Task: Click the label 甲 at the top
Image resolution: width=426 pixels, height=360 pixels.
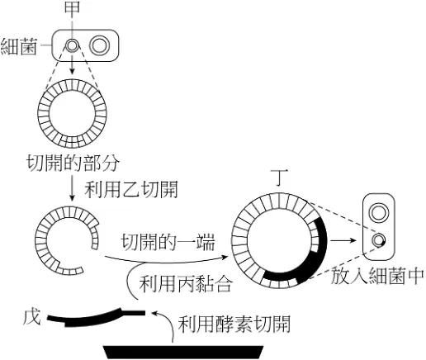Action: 72,7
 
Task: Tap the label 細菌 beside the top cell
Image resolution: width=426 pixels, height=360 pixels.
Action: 19,46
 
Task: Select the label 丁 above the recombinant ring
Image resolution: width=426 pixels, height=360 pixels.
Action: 279,178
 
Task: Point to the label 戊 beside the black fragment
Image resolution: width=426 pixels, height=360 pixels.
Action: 32,317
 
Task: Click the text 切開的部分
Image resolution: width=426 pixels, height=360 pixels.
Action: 73,163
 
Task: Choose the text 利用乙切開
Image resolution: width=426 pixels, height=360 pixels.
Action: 131,189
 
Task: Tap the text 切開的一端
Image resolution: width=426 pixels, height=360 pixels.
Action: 168,242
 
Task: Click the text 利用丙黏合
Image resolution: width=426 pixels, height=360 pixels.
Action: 186,283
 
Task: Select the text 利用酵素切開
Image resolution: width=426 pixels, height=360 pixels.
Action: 234,324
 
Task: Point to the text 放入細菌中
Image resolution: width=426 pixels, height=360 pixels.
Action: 377,276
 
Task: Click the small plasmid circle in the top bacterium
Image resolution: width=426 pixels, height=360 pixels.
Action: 72,45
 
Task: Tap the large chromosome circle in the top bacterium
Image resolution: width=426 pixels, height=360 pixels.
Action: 100,45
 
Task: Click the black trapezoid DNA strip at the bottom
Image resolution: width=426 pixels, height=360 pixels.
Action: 184,353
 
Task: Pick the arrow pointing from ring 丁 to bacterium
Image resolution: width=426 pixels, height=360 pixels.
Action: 343,240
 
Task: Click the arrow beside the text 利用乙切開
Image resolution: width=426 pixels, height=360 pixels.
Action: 72,189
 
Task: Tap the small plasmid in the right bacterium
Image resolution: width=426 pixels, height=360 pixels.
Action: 378,240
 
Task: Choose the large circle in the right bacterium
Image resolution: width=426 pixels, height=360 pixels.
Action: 379,213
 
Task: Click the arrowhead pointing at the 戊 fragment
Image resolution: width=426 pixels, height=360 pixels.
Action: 154,314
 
